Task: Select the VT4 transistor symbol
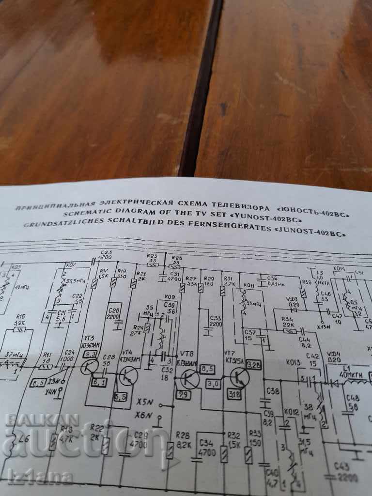click(x=128, y=376)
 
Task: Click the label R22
click(x=98, y=428)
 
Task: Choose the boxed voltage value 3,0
click(x=213, y=383)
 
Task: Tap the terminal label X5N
click(x=145, y=402)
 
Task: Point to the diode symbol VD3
click(x=292, y=309)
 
